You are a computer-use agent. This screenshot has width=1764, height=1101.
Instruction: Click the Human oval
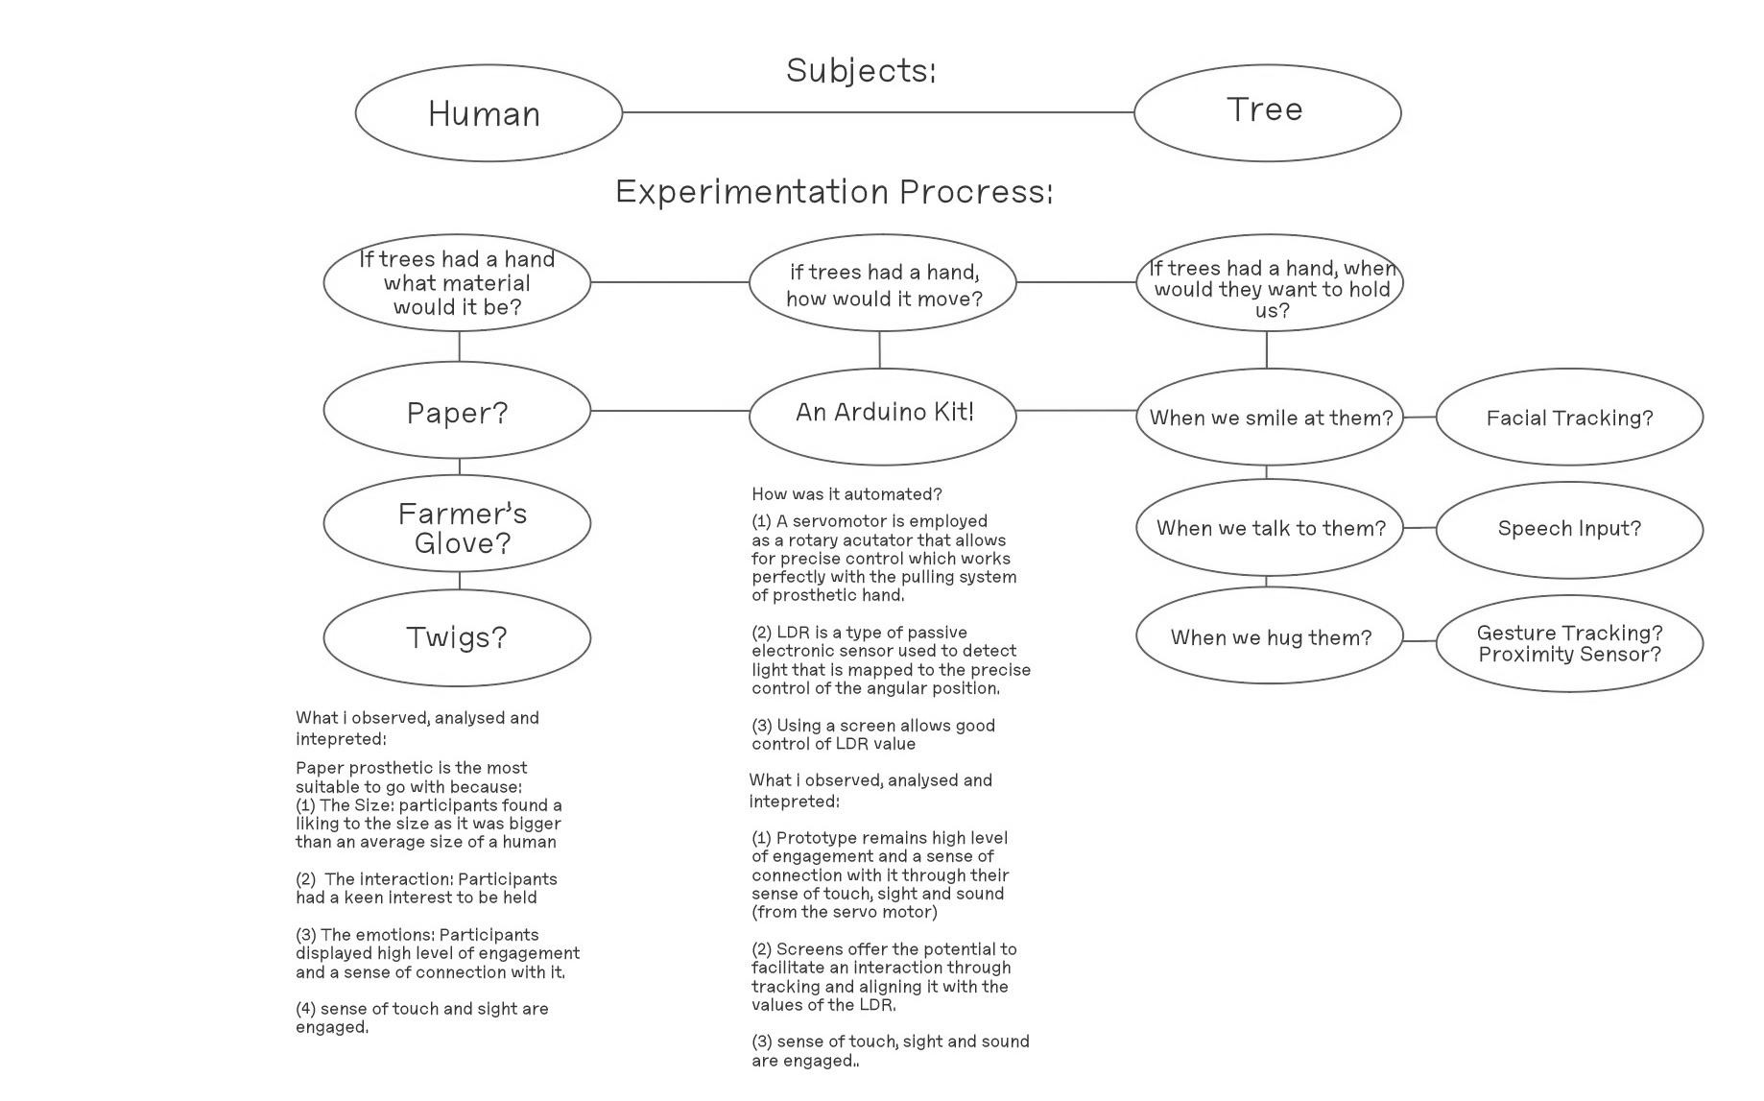[489, 113]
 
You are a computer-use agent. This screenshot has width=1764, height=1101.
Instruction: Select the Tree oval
[1268, 113]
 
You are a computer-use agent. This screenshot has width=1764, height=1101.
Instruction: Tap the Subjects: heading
[861, 71]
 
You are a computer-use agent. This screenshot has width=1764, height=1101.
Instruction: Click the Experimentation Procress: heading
[834, 192]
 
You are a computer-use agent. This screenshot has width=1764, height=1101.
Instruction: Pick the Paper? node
[457, 411]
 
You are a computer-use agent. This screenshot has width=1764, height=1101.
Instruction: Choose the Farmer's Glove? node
[457, 523]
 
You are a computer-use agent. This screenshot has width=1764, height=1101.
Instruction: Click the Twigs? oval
[457, 638]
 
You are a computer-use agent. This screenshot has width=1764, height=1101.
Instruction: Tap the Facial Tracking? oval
[1570, 417]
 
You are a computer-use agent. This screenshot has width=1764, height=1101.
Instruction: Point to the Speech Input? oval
[1570, 530]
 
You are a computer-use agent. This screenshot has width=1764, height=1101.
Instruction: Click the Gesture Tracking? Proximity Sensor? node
[1570, 643]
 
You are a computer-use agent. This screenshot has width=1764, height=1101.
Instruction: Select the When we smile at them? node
[1270, 417]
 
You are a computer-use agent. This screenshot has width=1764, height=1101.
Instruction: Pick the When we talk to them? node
[1270, 528]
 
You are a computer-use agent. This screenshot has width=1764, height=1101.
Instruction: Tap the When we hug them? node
[1270, 635]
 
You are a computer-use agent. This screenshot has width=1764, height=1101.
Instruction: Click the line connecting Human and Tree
[878, 112]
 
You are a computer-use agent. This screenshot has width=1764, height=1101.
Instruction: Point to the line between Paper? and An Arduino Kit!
[670, 411]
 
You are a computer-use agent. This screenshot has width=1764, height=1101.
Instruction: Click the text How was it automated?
[846, 494]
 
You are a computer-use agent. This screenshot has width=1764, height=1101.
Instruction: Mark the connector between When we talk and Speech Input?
[1419, 528]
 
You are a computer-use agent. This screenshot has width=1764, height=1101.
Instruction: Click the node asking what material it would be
[457, 283]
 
